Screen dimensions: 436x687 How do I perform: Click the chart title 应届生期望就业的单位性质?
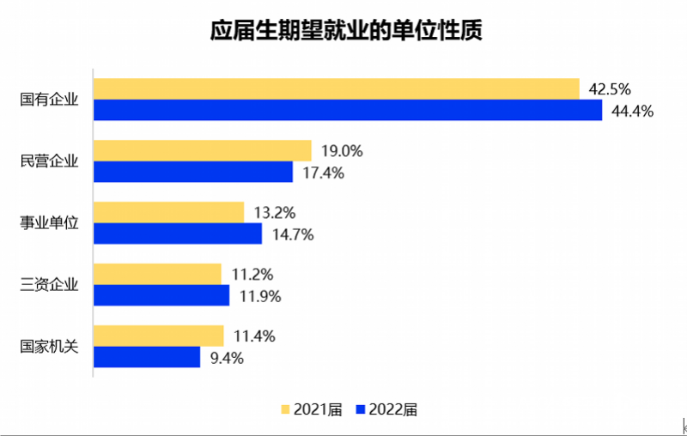pyautogui.click(x=346, y=32)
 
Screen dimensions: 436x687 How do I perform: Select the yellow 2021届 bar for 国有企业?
pyautogui.click(x=336, y=88)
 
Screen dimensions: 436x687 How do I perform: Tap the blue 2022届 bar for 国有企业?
pyautogui.click(x=348, y=110)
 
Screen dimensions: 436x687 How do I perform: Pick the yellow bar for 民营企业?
pyautogui.click(x=202, y=151)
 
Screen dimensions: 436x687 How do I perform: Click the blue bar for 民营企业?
pyautogui.click(x=192, y=172)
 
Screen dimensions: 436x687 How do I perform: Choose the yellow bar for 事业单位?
pyautogui.click(x=168, y=213)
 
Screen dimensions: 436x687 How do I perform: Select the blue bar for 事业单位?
pyautogui.click(x=177, y=233)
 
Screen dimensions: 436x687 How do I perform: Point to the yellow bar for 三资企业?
pyautogui.click(x=157, y=275)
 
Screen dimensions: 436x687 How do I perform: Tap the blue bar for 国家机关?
pyautogui.click(x=146, y=357)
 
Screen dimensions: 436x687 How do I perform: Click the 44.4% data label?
pyautogui.click(x=634, y=111)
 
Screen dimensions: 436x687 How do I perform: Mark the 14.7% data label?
pyautogui.click(x=292, y=234)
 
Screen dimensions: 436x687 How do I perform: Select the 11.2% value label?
pyautogui.click(x=252, y=276)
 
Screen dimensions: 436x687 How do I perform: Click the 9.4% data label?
pyautogui.click(x=227, y=358)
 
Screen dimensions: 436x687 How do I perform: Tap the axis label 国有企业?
pyautogui.click(x=49, y=100)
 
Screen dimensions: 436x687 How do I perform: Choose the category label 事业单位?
pyautogui.click(x=49, y=223)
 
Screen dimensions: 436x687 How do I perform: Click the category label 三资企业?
pyautogui.click(x=49, y=285)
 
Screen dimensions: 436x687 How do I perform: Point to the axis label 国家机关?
pyautogui.click(x=49, y=347)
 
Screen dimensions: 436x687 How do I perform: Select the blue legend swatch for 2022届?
pyautogui.click(x=361, y=409)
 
